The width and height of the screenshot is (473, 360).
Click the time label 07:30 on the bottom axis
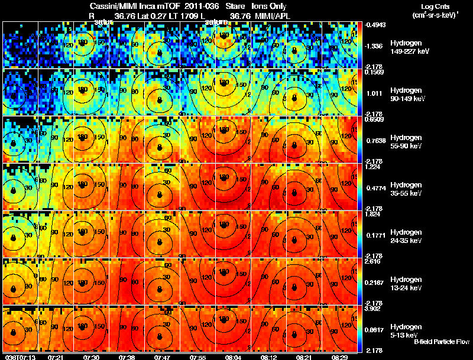point(92,357)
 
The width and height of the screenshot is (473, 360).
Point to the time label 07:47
point(163,357)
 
